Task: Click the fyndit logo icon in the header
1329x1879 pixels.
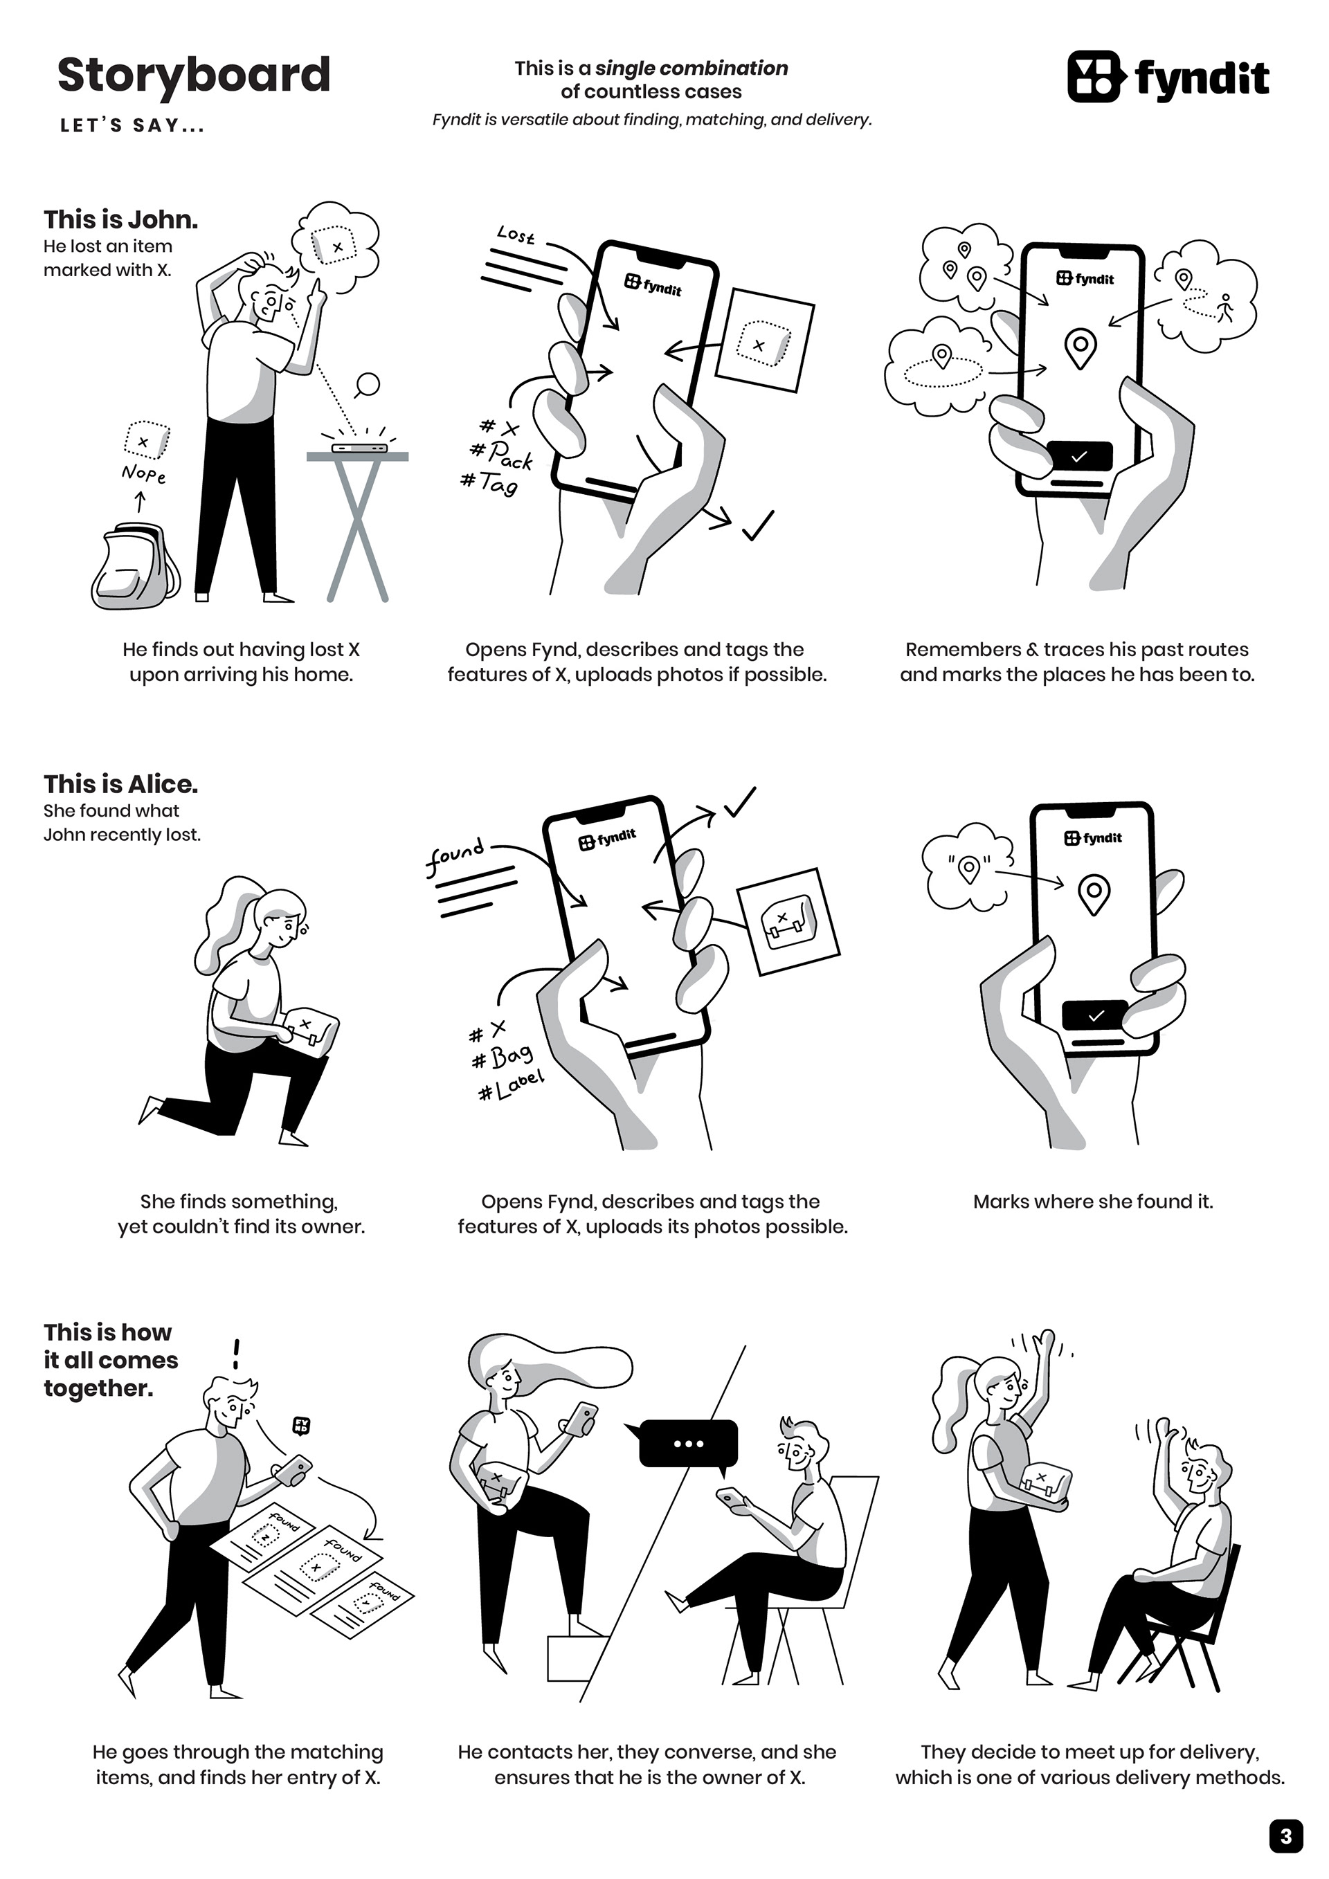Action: [x=1094, y=77]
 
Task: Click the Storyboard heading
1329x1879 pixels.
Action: [x=194, y=75]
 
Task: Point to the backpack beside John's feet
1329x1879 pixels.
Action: [x=135, y=567]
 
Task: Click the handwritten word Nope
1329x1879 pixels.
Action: [x=143, y=474]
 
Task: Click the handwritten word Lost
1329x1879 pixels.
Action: [x=516, y=236]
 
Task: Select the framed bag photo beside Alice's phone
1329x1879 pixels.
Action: [x=789, y=921]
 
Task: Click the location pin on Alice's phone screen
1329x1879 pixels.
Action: [x=1094, y=894]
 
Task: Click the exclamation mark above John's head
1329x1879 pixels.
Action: [x=237, y=1354]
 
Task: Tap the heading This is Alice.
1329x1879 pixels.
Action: [x=121, y=784]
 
